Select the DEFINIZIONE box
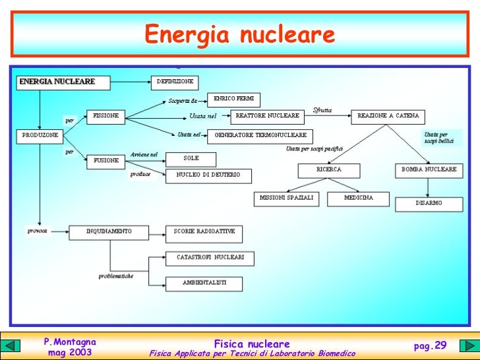(175, 82)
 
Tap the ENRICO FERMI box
(233, 100)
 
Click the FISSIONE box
(105, 115)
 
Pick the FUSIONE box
(105, 160)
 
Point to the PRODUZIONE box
(40, 135)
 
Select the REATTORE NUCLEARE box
(268, 116)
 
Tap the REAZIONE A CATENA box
(388, 116)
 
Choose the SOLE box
(191, 158)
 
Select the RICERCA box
(329, 169)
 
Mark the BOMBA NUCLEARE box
(429, 169)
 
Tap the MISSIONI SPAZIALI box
(286, 198)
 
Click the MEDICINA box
(359, 198)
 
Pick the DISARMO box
(429, 203)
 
